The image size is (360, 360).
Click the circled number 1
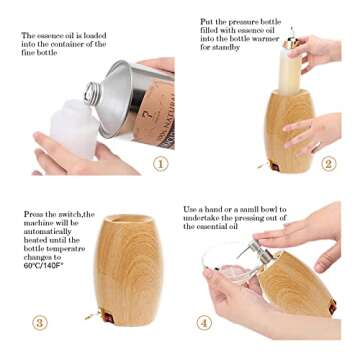(160, 163)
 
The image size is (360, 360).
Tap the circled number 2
(328, 163)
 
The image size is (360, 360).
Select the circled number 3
(40, 322)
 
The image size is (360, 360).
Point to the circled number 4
(204, 322)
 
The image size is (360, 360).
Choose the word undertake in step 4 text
(204, 218)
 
